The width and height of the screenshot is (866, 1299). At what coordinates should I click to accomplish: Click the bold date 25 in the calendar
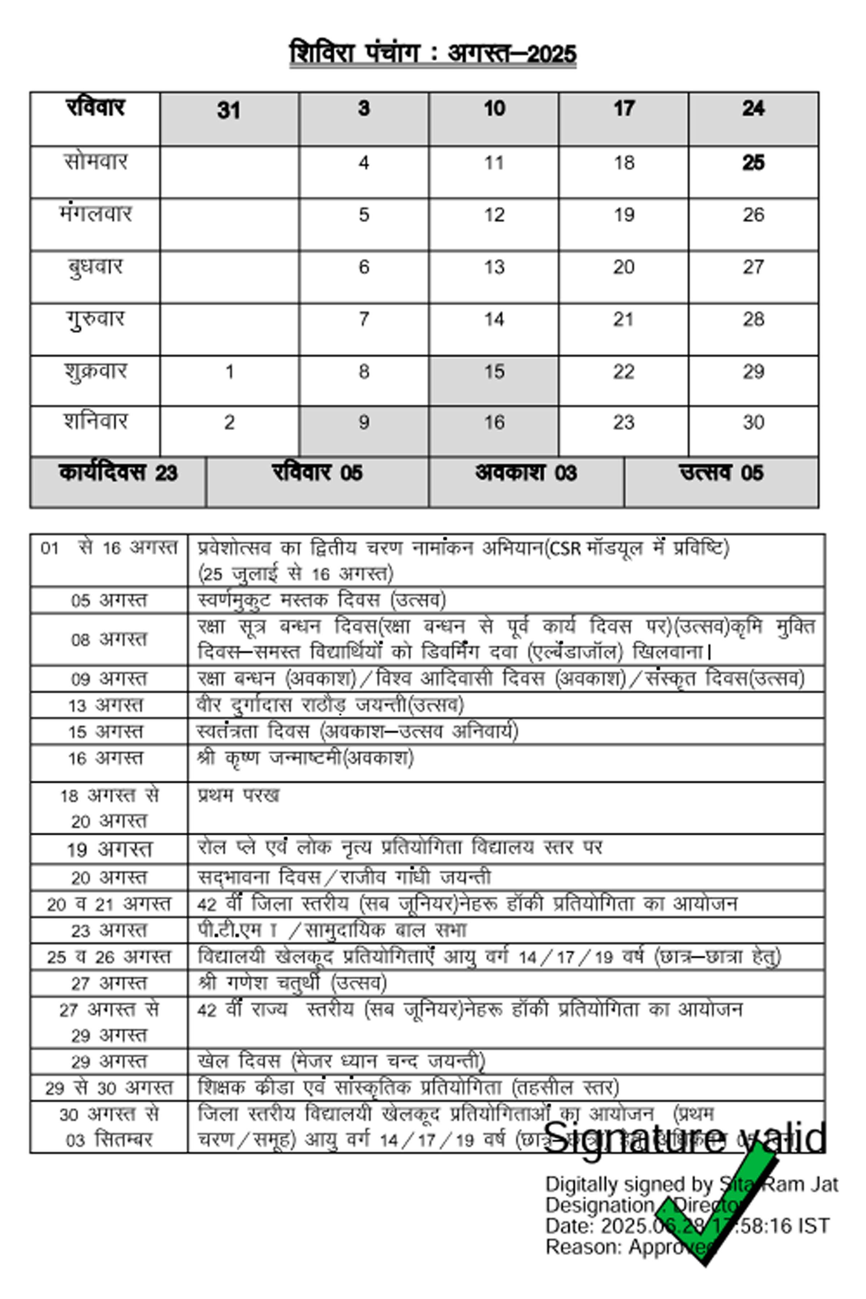pyautogui.click(x=753, y=163)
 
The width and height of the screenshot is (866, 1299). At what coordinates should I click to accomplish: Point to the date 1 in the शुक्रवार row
pyautogui.click(x=229, y=372)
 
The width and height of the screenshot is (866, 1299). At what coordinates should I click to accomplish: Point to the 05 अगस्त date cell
pyautogui.click(x=109, y=600)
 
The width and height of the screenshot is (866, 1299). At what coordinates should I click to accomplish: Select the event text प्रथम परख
pyautogui.click(x=239, y=795)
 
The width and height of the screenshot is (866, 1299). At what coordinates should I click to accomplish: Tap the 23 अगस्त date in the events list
pyautogui.click(x=109, y=931)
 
